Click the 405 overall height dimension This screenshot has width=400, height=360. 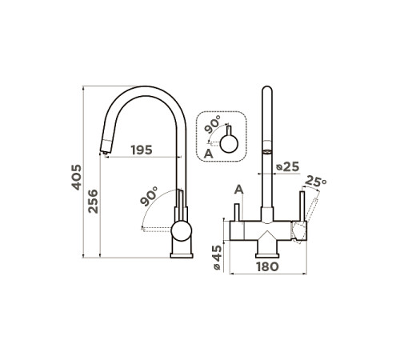coord(77,178)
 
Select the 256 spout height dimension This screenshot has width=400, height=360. coord(93,202)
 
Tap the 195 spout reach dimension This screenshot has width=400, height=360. coord(142,150)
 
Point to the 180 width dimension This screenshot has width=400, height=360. coord(268,266)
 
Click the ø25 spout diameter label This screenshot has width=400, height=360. coord(288,167)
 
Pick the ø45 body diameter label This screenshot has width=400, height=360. coord(218,258)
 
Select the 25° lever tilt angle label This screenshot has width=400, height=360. coord(316,182)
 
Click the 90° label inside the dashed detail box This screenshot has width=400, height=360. coord(213,124)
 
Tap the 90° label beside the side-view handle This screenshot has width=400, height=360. coord(150,196)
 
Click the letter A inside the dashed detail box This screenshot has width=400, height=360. coord(209,154)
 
